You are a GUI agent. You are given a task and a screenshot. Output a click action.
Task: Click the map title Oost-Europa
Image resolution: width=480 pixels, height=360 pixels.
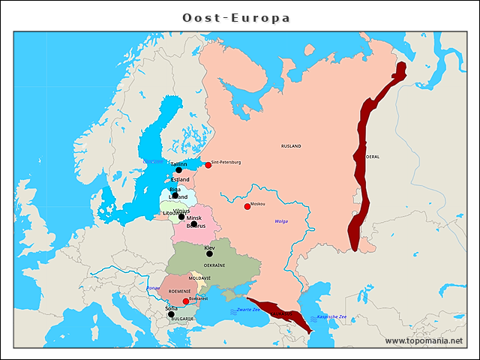[236, 17]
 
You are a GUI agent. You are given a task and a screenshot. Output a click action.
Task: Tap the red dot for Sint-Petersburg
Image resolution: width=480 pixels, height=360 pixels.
[208, 165]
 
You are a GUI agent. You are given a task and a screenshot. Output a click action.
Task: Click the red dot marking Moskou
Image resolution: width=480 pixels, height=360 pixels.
[247, 206]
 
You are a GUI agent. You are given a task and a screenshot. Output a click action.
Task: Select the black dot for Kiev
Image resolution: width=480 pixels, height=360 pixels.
[209, 253]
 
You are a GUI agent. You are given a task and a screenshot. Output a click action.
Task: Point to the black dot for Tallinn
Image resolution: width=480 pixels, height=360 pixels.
[178, 170]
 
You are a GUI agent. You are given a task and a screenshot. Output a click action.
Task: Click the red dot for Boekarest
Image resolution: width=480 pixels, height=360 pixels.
[186, 301]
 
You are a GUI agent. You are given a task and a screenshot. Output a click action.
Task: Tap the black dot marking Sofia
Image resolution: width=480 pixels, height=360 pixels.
[170, 315]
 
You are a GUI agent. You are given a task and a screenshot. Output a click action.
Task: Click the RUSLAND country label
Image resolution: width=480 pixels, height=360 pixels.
[291, 145]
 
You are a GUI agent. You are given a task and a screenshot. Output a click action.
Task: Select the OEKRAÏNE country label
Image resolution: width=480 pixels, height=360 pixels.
[214, 265]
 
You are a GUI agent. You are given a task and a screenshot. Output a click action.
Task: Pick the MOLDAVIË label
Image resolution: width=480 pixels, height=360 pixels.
[199, 278]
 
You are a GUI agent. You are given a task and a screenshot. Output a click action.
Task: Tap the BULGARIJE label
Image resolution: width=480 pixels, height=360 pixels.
[182, 319]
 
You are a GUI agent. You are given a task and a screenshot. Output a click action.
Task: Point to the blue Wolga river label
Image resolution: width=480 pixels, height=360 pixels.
[281, 221]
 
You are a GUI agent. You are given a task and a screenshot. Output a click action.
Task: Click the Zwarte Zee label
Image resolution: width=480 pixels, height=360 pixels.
[248, 309]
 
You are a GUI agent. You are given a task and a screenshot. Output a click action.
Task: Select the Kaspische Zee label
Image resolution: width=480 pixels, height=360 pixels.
[331, 316]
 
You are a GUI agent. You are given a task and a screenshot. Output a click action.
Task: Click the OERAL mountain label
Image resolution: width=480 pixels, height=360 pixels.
[372, 157]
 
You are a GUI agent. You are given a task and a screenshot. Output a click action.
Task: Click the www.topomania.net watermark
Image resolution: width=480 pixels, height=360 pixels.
[424, 340]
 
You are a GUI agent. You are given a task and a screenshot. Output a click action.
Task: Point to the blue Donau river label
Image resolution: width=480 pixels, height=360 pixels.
[153, 287]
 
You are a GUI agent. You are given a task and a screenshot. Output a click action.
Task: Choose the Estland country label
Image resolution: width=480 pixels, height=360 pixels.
[180, 180]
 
